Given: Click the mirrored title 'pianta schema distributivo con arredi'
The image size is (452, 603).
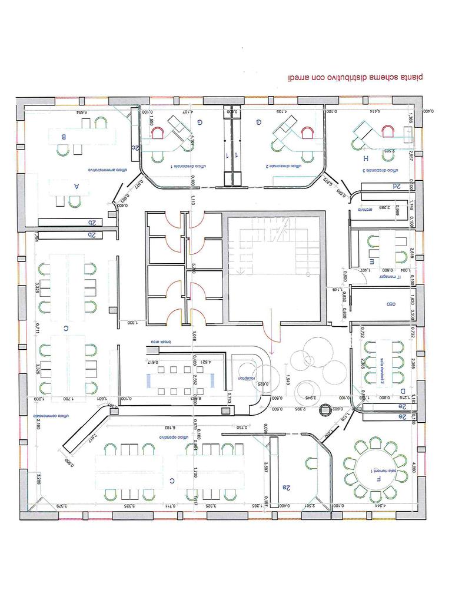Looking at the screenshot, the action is [355, 77].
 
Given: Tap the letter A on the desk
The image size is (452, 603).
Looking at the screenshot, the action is [76, 185].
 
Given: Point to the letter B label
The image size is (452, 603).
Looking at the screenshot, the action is [64, 137].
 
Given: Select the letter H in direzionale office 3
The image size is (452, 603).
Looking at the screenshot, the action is [365, 159].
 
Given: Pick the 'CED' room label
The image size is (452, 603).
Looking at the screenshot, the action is [390, 304].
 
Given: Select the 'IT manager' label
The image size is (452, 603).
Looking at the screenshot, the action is [389, 276].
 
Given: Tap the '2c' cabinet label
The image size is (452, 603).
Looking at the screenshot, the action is [135, 148].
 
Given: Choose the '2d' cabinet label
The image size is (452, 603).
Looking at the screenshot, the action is [398, 186].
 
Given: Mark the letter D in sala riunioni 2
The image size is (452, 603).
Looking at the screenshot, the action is [403, 390].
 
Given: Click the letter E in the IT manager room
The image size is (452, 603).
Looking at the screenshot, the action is [372, 260].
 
